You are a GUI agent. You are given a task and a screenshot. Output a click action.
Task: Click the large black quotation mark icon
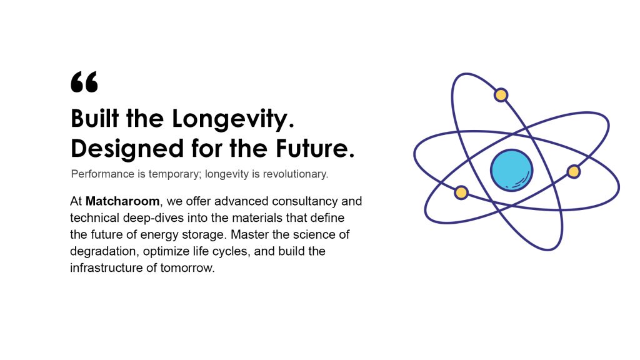coord(84,82)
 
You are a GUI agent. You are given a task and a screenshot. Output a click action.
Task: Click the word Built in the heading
coord(95,118)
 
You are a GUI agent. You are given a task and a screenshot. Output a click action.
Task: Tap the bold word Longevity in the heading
coord(229,119)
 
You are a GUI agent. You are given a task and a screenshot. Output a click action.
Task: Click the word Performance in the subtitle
coord(103,174)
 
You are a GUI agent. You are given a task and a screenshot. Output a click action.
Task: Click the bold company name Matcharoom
coord(122,201)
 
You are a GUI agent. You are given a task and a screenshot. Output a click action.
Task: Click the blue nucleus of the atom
coord(511,170)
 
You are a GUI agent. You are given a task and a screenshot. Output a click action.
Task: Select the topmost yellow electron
coord(501,95)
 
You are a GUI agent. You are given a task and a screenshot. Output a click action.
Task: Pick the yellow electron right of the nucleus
coord(574,171)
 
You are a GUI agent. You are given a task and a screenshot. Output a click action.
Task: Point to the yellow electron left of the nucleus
coord(461,192)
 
